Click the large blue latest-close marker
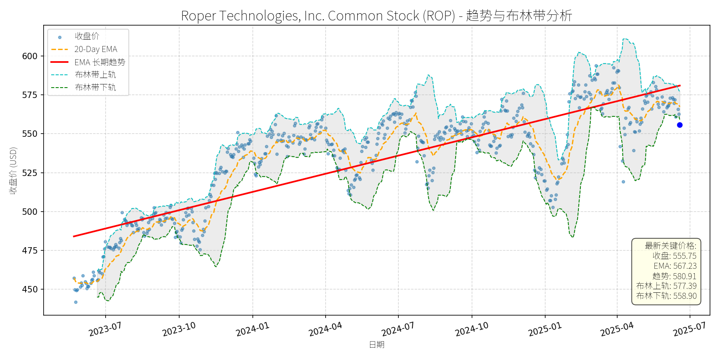coord(680,125)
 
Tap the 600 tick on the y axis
coord(30,56)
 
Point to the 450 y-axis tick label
coord(30,289)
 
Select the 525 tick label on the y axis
coord(30,173)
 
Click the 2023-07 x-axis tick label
coord(105,329)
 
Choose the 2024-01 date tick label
coord(252,329)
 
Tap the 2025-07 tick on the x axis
coord(689,329)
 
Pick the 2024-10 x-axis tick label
coord(472,329)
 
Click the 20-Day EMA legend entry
coord(96,49)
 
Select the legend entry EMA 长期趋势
coord(100,62)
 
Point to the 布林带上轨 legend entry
coord(95,75)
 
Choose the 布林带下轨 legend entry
coord(95,87)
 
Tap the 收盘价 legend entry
coord(87,36)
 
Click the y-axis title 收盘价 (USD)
coord(13,171)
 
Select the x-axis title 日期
coord(376,344)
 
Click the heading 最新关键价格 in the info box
coord(670,246)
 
